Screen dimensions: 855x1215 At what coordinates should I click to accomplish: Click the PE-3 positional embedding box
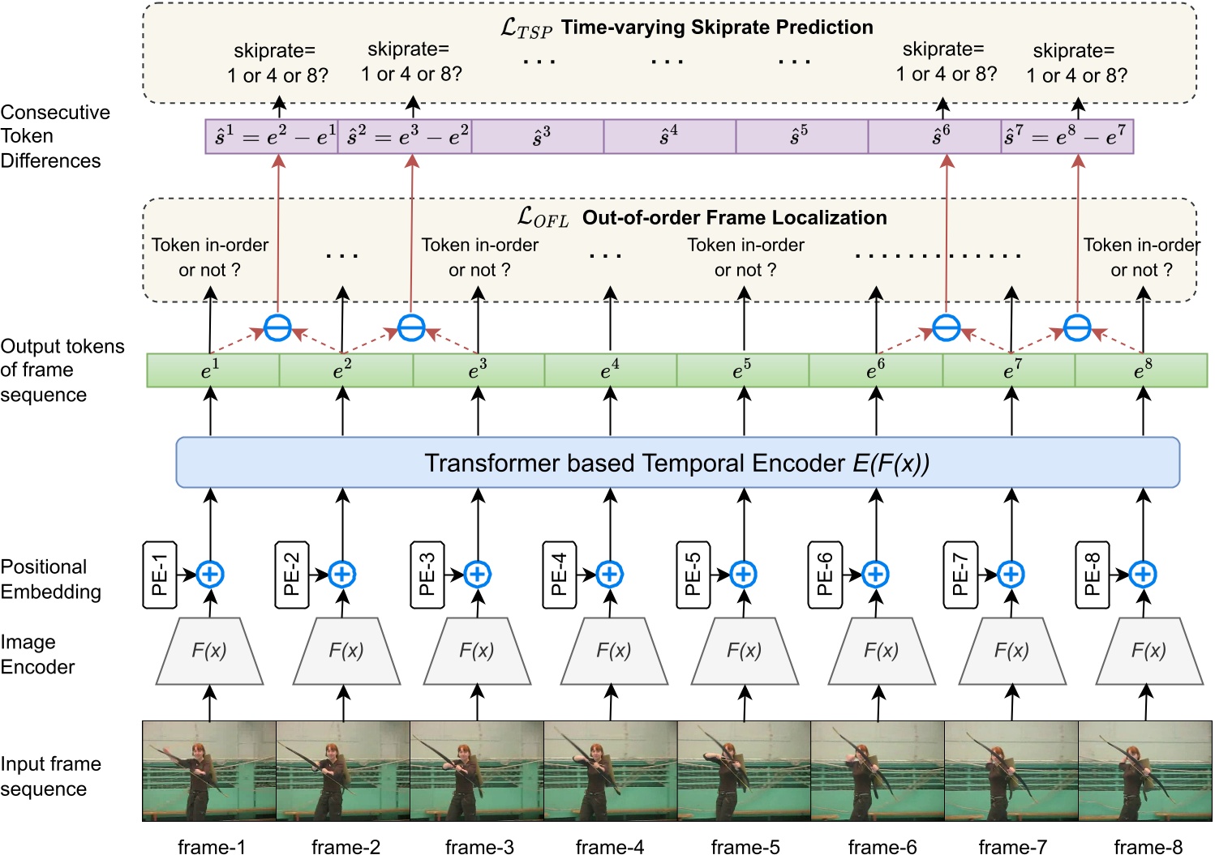tap(427, 575)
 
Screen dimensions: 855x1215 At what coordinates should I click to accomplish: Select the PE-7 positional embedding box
tap(960, 575)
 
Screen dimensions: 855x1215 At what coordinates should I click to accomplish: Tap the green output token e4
tap(610, 370)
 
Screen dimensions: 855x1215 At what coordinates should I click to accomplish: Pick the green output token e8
tap(1142, 370)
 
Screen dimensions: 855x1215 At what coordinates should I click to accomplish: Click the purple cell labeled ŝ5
tap(801, 136)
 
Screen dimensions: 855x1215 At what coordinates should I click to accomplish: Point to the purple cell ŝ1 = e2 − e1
tap(272, 136)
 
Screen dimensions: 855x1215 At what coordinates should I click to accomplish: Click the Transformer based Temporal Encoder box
tap(677, 463)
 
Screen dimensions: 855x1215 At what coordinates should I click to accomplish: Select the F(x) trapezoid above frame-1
tap(209, 651)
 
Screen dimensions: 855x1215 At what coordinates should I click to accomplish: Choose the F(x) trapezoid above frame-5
tap(745, 651)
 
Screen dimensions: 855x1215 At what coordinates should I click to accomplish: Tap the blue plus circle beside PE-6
tap(875, 575)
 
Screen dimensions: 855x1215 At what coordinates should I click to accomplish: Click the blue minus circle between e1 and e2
tap(277, 328)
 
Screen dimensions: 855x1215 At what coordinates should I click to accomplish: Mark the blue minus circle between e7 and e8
tap(1077, 328)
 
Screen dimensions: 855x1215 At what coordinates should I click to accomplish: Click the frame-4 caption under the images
tap(610, 847)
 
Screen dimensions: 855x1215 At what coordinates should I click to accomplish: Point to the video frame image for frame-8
tap(1144, 771)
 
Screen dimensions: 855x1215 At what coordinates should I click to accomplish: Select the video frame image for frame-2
tap(343, 771)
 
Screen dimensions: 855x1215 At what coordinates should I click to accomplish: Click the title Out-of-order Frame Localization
tap(734, 217)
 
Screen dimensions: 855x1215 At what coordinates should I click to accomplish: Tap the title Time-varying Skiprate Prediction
tap(717, 28)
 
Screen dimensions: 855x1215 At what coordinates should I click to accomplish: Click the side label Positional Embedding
tap(50, 579)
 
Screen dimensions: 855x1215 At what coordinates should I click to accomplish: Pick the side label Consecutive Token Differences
tap(54, 136)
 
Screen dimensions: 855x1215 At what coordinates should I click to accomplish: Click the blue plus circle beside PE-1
tap(210, 575)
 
